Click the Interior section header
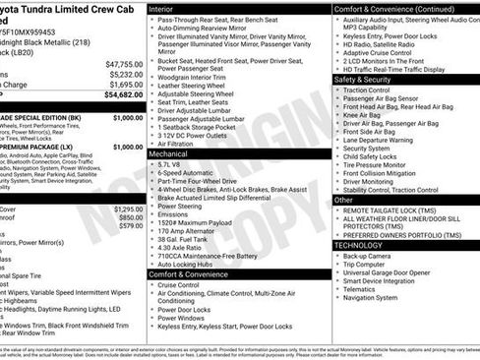[162, 8]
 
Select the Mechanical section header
[169, 154]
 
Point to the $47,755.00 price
[122, 63]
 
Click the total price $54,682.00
[122, 95]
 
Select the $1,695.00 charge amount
[124, 85]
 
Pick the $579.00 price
[127, 225]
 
